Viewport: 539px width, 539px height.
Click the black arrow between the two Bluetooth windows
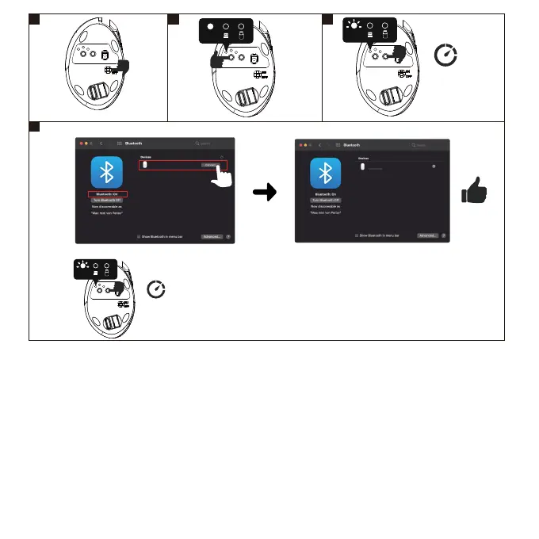(x=266, y=193)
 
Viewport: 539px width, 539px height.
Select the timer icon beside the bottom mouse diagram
(x=157, y=290)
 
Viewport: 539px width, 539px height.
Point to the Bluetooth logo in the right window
(x=325, y=174)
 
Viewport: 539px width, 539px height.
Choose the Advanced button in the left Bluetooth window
(x=212, y=236)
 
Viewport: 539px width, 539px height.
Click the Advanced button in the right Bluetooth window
(x=428, y=236)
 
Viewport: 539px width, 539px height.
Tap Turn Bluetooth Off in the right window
(x=324, y=201)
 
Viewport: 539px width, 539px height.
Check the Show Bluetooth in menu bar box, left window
(x=139, y=236)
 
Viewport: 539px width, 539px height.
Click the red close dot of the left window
(x=79, y=143)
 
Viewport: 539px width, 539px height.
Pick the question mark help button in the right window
(x=444, y=236)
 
